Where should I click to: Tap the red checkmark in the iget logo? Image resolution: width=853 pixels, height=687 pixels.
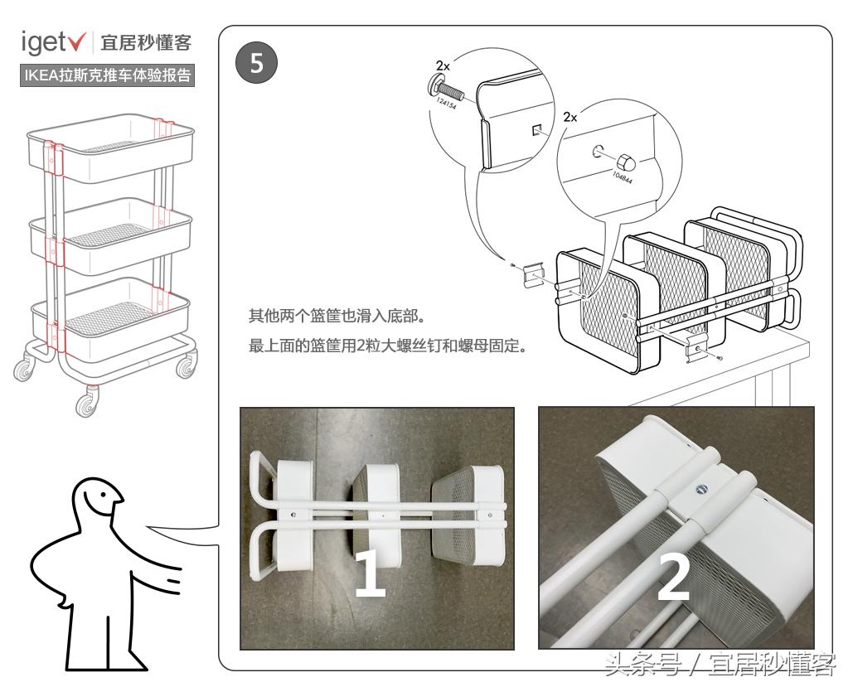click(80, 41)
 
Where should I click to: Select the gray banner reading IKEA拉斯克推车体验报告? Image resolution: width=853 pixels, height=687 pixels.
click(106, 76)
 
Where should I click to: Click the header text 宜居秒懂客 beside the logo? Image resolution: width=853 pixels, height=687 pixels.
click(146, 41)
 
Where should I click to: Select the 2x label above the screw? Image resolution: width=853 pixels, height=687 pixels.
click(443, 64)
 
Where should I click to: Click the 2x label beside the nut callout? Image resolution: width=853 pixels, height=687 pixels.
click(570, 118)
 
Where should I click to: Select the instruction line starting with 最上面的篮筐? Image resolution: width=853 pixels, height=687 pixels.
click(388, 346)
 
